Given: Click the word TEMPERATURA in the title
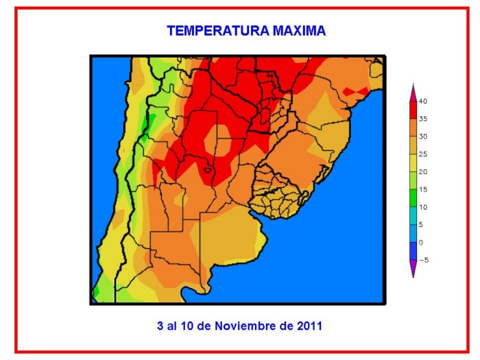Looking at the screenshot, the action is click(218, 31).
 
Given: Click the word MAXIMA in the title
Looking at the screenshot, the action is click(299, 31).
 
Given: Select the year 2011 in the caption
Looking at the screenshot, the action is click(309, 326).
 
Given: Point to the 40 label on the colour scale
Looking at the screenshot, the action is click(423, 101).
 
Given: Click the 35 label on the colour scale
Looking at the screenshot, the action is click(423, 119).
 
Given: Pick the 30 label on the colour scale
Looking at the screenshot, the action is click(423, 136).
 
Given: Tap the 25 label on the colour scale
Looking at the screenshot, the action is click(423, 154).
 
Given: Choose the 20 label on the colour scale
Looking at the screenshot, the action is click(423, 172).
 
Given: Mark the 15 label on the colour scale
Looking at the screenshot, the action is click(423, 190).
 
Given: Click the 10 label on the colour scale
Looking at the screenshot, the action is click(423, 207).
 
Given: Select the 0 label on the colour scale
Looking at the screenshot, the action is click(421, 243).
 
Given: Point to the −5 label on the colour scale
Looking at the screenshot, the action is click(424, 260).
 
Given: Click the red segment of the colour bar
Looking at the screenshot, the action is click(413, 110).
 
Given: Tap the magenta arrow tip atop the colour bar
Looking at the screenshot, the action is click(413, 93).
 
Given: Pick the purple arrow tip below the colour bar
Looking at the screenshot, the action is click(413, 267).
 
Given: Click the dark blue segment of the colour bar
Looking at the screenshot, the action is click(413, 251).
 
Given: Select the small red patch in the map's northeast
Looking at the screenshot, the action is click(356, 91).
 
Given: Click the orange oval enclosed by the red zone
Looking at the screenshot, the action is click(217, 141).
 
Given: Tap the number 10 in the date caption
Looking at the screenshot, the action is click(187, 326).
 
